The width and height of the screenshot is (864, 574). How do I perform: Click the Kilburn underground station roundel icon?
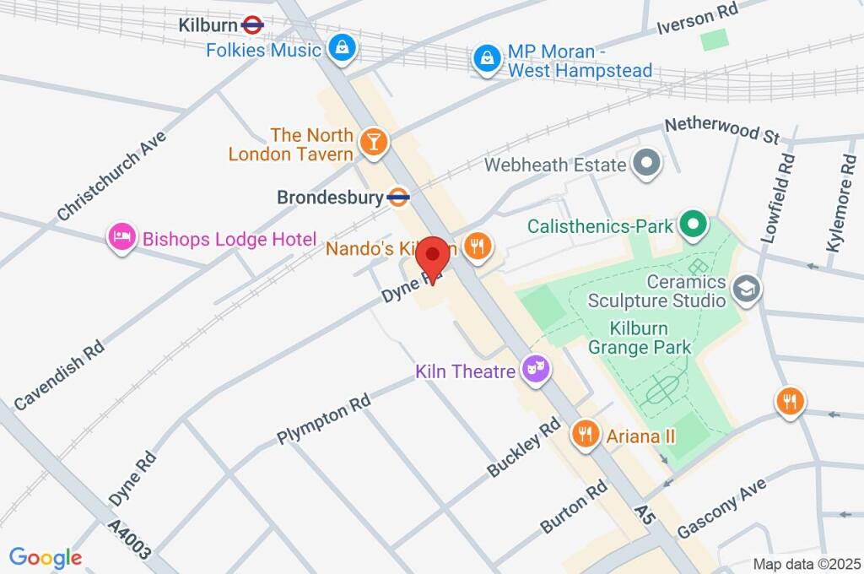click(x=252, y=25)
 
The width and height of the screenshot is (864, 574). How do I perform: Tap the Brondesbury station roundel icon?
click(x=398, y=198)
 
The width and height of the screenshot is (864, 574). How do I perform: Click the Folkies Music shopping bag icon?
click(x=342, y=48)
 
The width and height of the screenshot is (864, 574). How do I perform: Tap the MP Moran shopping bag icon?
click(x=488, y=59)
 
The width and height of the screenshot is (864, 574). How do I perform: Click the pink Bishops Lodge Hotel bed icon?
click(x=122, y=239)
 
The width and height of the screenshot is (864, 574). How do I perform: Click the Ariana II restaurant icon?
click(x=584, y=435)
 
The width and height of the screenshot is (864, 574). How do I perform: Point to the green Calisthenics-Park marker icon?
click(x=694, y=225)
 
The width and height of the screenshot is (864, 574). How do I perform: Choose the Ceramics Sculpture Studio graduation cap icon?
click(x=748, y=290)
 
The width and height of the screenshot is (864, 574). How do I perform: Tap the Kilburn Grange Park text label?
click(x=640, y=338)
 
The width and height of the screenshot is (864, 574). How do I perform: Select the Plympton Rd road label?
click(x=324, y=420)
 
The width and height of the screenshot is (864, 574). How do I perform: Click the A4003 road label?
click(x=131, y=540)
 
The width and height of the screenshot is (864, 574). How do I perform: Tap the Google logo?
click(x=46, y=557)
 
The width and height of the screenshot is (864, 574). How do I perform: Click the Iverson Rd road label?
click(x=698, y=17)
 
